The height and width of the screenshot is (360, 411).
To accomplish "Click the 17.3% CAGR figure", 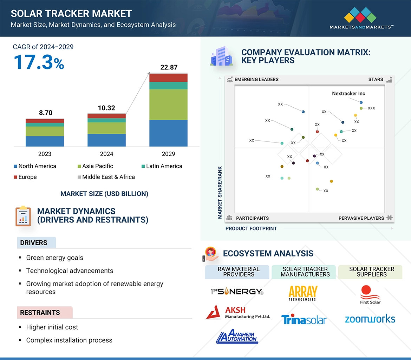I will [x=39, y=62].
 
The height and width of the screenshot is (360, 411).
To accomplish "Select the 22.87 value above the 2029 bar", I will [x=169, y=67].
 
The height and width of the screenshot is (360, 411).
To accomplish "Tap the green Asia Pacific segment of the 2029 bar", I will [x=168, y=105].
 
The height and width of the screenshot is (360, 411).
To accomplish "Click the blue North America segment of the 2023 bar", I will [x=45, y=141].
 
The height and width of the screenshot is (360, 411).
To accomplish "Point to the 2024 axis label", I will [x=106, y=154].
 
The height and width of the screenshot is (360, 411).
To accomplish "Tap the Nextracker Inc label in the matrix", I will [x=348, y=94].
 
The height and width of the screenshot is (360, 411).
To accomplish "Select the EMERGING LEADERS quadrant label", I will [x=256, y=80].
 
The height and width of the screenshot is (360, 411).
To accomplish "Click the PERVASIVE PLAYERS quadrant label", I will [x=361, y=218].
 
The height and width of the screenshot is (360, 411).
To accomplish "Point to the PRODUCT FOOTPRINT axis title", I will [x=251, y=229].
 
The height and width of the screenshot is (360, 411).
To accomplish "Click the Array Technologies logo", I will [x=302, y=293].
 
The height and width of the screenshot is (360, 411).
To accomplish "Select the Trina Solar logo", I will [x=304, y=320].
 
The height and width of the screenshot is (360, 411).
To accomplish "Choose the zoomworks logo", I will [x=370, y=319].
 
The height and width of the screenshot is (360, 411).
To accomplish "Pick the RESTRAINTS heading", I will [x=40, y=313].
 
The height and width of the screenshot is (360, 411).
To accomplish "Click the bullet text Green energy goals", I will [x=55, y=258].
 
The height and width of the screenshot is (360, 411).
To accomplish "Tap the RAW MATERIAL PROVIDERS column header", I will [x=238, y=272].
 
